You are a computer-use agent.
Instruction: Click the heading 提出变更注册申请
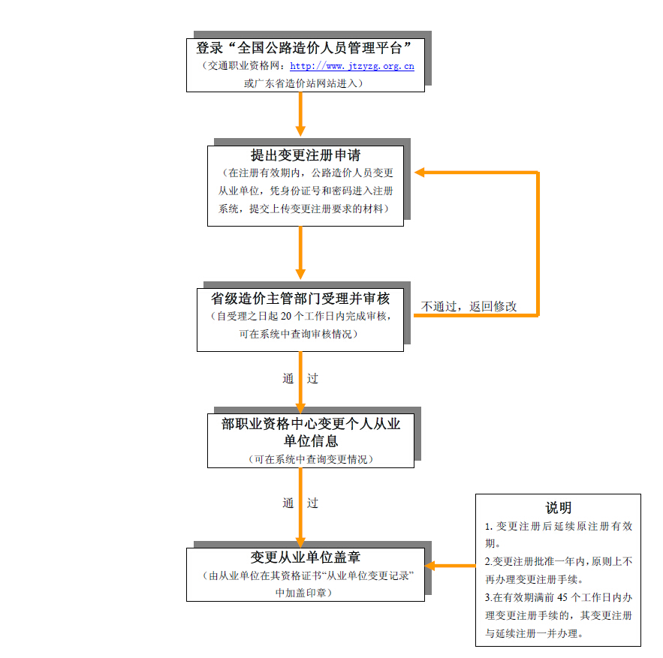[x=306, y=156]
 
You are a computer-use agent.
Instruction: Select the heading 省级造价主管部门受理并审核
[x=301, y=298]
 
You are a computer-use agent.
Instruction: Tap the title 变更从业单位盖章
[x=306, y=557]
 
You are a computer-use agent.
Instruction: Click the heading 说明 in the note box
[x=558, y=508]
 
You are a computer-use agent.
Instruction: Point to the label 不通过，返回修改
[x=469, y=306]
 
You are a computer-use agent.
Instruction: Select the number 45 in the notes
[x=565, y=598]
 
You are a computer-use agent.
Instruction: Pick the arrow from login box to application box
[x=300, y=116]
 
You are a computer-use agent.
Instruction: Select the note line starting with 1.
[x=558, y=526]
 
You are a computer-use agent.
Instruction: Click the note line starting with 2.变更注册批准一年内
[x=558, y=560]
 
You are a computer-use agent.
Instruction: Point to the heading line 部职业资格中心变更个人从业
[x=311, y=424]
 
